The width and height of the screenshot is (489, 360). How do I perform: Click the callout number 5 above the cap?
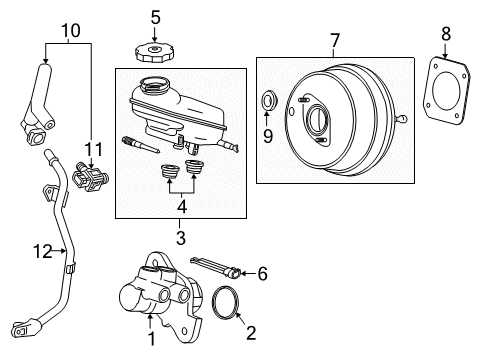pyautogui.click(x=155, y=16)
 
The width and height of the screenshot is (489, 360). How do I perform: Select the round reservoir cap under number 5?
pyautogui.click(x=154, y=50)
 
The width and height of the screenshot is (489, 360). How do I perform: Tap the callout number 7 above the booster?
pyautogui.click(x=335, y=41)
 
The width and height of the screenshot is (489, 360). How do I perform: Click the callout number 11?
pyautogui.click(x=92, y=149)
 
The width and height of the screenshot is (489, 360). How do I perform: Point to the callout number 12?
pyautogui.click(x=38, y=252)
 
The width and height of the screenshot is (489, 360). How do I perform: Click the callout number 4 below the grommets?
pyautogui.click(x=180, y=207)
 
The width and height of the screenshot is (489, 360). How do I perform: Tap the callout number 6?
pyautogui.click(x=262, y=273)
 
